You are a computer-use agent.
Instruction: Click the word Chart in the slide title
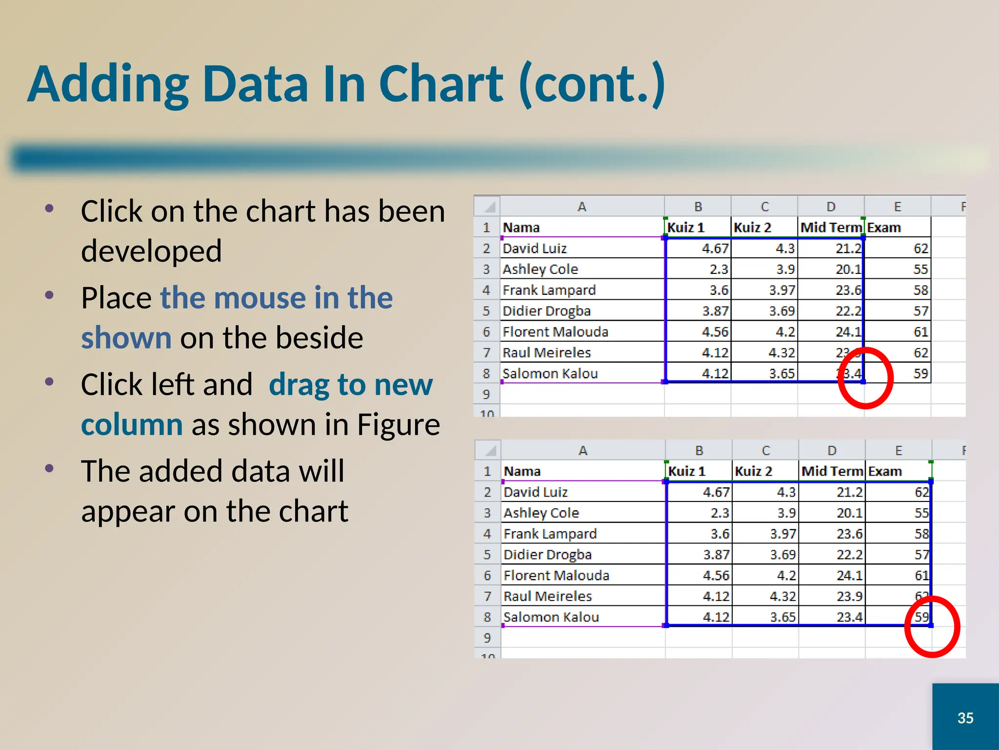pos(440,84)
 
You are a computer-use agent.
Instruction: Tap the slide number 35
pos(965,718)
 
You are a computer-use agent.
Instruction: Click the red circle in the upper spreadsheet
pos(865,378)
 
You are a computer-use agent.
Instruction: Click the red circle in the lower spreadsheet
pos(932,626)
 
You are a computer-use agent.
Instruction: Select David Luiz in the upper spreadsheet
pos(535,249)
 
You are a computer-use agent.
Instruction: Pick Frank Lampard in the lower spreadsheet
pos(550,534)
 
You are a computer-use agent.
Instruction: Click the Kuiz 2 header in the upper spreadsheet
pos(752,228)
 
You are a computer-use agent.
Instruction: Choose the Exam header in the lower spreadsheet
pos(885,471)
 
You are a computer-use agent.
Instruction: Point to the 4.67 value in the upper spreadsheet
pos(715,249)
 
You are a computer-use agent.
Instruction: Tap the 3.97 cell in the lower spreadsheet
pos(783,534)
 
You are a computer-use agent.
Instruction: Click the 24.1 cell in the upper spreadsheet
pos(848,332)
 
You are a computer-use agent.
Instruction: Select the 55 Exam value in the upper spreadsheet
pos(920,270)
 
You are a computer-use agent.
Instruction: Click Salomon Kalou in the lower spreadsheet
pos(551,617)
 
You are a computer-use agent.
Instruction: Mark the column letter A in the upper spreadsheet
pos(581,207)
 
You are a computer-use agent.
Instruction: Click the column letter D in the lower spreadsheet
pos(832,451)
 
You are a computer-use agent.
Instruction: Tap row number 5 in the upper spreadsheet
pos(486,311)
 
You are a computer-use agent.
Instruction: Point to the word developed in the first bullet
pos(151,251)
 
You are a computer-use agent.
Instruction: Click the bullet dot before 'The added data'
pos(49,469)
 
